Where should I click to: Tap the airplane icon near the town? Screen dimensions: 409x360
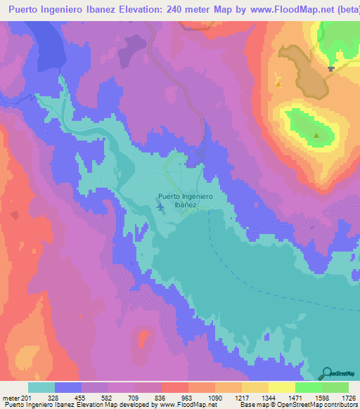click(161, 207)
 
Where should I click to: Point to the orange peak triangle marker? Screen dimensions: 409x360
click(279, 85)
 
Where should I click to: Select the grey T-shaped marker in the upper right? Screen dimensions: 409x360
click(331, 69)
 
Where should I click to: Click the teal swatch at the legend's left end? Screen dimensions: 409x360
click(41, 387)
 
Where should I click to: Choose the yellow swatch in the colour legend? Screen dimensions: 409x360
click(281, 387)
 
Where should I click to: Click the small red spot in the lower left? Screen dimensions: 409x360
click(145, 338)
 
